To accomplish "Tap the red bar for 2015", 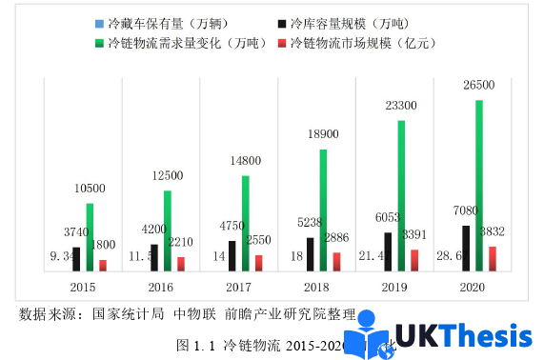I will tap(103, 266).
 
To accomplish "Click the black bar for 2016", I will tap(154, 258).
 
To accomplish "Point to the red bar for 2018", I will tap(335, 262).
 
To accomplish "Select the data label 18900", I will tap(323, 135).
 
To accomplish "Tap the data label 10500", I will tap(90, 189).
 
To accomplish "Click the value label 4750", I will tap(232, 226).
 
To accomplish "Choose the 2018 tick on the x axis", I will tap(316, 287).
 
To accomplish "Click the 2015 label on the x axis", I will tap(83, 287).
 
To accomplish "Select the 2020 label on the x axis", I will tap(472, 287).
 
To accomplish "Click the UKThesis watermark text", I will tap(462, 336).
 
